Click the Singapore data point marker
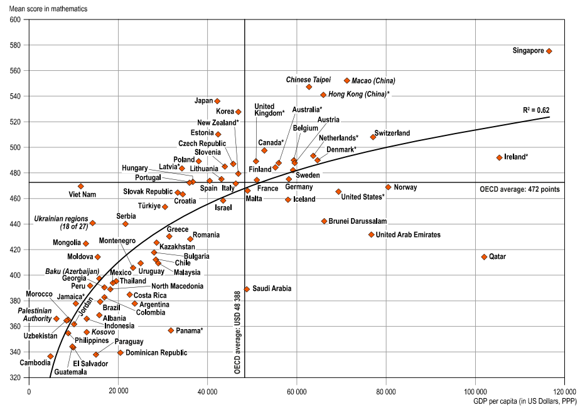pos(549,51)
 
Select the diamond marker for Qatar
pos(484,257)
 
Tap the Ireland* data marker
pos(500,158)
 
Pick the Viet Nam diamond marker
pos(81,186)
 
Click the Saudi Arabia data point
pos(247,289)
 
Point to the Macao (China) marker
pos(347,81)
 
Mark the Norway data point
pos(388,187)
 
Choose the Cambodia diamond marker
pos(50,356)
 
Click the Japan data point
pos(217,101)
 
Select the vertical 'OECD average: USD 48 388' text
pos(238,332)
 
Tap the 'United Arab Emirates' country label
pos(408,235)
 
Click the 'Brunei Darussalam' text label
pos(358,221)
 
